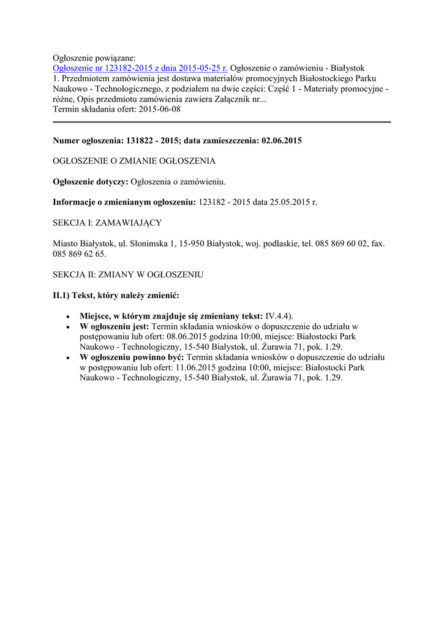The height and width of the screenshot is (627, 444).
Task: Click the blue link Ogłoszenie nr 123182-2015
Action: tap(140, 68)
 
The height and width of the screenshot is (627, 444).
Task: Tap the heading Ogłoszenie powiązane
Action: tap(94, 58)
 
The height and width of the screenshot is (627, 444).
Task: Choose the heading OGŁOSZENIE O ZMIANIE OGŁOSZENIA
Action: tap(134, 161)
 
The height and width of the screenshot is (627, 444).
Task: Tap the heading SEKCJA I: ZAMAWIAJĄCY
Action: tap(107, 222)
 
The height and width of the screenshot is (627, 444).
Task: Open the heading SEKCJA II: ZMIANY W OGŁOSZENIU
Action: tap(128, 275)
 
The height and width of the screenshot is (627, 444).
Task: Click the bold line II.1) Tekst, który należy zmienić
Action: tap(116, 295)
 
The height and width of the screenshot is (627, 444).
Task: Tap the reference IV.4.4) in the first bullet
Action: tap(279, 316)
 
